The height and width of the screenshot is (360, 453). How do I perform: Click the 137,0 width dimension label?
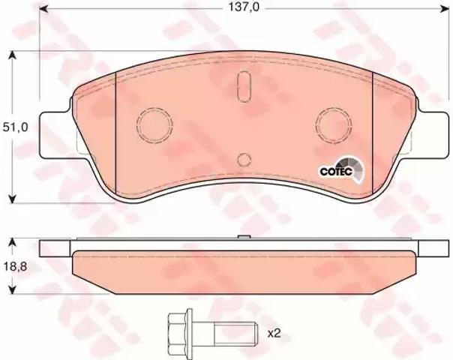(x=244, y=7)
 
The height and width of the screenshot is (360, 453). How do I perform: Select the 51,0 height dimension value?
(x=15, y=127)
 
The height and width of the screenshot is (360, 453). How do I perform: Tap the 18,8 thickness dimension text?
(x=15, y=267)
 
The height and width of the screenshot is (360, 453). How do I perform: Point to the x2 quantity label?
(x=274, y=334)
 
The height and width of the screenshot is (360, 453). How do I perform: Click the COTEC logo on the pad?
(x=342, y=169)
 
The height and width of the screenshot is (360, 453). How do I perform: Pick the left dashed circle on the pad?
(x=154, y=124)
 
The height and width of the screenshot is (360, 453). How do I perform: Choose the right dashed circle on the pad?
(x=334, y=124)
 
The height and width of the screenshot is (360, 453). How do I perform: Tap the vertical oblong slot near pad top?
(x=244, y=86)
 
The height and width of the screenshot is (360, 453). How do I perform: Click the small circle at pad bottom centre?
(x=244, y=160)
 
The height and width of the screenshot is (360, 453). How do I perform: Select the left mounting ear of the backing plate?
(x=55, y=135)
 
